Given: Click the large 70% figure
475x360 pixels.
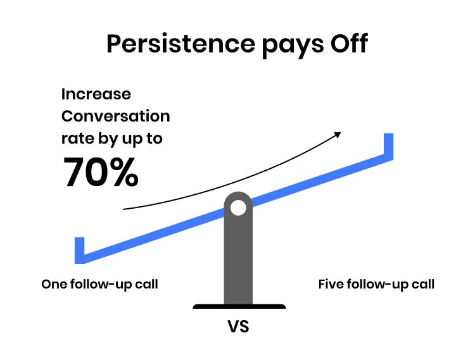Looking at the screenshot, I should [101, 173].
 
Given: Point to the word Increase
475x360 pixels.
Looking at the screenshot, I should [96, 95].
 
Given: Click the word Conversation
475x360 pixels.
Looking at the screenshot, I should [116, 116].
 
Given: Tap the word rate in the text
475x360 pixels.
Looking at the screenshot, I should [76, 139].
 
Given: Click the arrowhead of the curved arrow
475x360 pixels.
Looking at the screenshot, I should [338, 134].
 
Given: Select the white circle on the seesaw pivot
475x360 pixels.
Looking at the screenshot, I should [237, 207].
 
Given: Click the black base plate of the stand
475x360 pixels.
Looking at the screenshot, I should [239, 307].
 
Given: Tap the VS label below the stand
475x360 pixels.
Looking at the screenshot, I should [239, 328].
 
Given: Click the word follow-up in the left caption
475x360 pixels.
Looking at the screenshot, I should [101, 285].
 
